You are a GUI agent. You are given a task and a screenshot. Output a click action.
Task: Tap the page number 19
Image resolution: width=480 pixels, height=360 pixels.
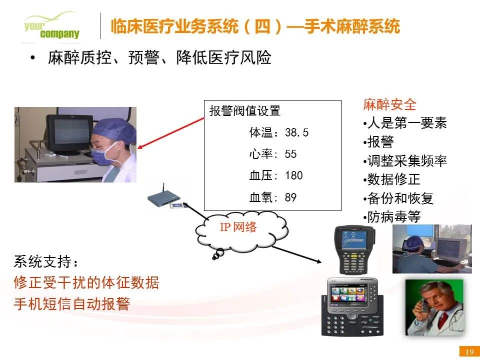pyautogui.click(x=469, y=351)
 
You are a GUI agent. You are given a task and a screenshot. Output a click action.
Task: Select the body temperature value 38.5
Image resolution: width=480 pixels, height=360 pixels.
pyautogui.click(x=296, y=132)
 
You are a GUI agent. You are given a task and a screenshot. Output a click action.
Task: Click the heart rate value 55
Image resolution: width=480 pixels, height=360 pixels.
pyautogui.click(x=290, y=154)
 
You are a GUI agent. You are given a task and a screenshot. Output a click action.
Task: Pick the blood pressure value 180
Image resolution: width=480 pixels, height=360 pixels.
pyautogui.click(x=294, y=175)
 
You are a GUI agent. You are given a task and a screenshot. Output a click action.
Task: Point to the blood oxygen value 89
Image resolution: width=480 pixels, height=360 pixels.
pyautogui.click(x=290, y=197)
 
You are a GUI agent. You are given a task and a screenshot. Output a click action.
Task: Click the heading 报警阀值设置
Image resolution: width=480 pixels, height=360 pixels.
pyautogui.click(x=245, y=111)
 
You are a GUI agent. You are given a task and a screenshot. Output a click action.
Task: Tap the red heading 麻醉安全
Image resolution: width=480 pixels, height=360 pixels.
pyautogui.click(x=389, y=104)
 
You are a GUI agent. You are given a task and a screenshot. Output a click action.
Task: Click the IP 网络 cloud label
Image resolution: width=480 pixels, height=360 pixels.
pyautogui.click(x=238, y=227)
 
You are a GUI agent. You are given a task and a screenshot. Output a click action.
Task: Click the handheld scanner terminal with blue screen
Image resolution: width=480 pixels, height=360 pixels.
pyautogui.click(x=354, y=249)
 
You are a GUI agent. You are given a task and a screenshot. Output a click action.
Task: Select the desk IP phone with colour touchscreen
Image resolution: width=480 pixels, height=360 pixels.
pyautogui.click(x=352, y=306)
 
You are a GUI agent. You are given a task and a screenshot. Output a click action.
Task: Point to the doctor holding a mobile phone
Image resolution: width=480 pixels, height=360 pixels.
pyautogui.click(x=434, y=307)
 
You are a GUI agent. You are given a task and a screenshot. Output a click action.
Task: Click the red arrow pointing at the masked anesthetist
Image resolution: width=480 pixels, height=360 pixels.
pyautogui.click(x=171, y=133)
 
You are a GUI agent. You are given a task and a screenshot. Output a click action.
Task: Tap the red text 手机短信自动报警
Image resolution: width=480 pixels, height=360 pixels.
pyautogui.click(x=72, y=304)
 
